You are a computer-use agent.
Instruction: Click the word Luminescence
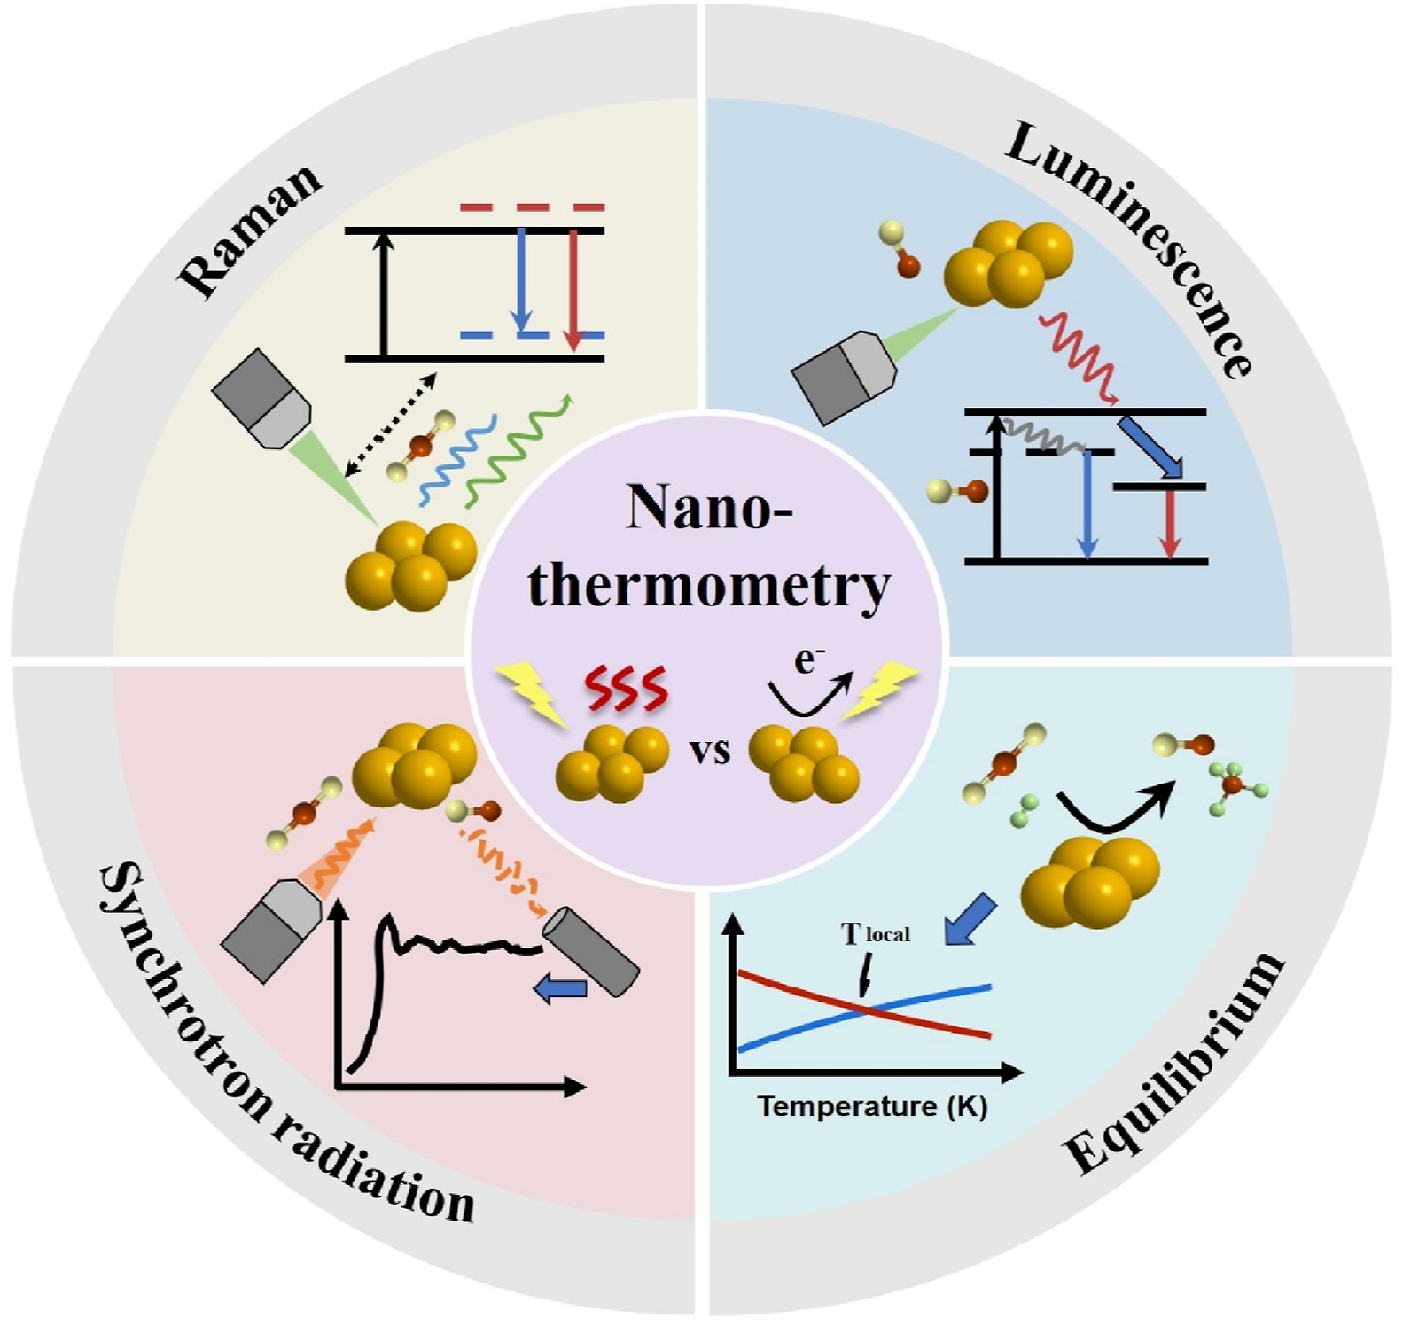tap(1130, 247)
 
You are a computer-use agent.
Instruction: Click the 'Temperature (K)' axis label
tap(872, 1106)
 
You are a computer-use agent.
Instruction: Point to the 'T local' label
tap(875, 934)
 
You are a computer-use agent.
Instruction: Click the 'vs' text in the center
tap(709, 752)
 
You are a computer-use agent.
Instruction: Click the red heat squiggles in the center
tap(625, 690)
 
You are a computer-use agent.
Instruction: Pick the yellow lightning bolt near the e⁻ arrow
tap(880, 691)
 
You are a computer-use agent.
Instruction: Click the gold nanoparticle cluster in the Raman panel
tap(410, 565)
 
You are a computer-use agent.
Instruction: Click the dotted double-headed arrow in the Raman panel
tap(391, 425)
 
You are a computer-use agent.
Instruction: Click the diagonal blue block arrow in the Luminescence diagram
tap(1150, 448)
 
